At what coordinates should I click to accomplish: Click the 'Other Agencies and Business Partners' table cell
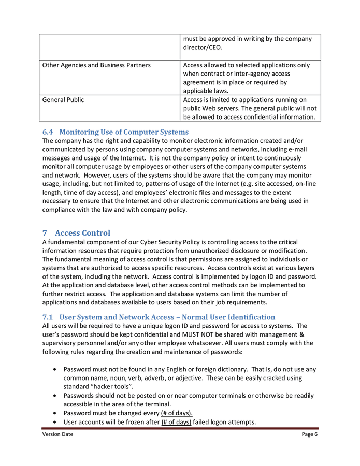click(96, 65)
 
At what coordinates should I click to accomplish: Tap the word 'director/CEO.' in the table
click(203, 48)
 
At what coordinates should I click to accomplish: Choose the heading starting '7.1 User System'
click(159, 316)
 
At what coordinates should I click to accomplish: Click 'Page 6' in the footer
click(309, 434)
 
